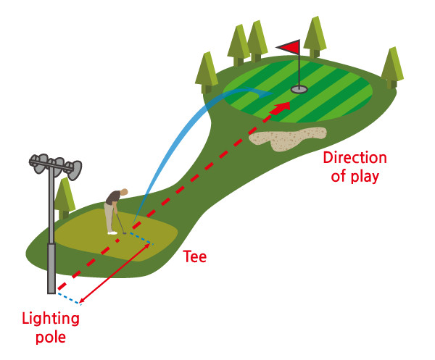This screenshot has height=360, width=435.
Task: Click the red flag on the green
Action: [289, 47]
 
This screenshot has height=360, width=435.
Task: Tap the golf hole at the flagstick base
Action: [299, 90]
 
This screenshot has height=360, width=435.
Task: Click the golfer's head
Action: [123, 192]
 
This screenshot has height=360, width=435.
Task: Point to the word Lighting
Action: [51, 319]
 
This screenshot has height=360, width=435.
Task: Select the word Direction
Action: [355, 159]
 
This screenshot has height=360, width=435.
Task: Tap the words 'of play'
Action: [355, 177]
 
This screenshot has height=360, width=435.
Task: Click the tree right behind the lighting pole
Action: [65, 197]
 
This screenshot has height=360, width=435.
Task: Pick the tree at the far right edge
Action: [392, 67]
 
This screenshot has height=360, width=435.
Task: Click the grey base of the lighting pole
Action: [51, 268]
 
